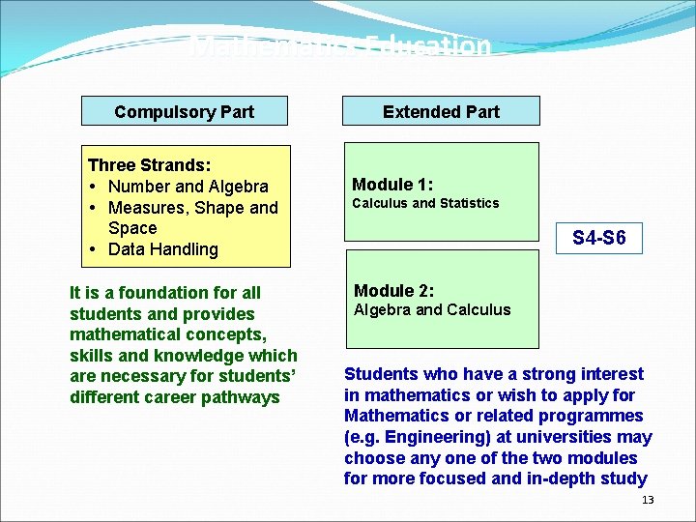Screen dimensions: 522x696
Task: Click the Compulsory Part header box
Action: [184, 111]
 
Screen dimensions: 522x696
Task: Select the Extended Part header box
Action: [441, 111]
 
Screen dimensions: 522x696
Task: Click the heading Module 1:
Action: [392, 184]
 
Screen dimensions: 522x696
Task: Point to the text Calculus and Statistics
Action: [425, 203]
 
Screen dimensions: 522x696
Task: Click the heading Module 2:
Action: [393, 290]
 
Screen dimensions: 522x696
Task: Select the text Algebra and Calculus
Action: [432, 309]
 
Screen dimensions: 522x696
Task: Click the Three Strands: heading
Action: [149, 165]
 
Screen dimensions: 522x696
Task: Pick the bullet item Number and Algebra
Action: [188, 187]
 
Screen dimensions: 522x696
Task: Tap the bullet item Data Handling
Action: [162, 249]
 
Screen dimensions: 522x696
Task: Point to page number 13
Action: [648, 500]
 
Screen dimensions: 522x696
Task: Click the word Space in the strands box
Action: [132, 228]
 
